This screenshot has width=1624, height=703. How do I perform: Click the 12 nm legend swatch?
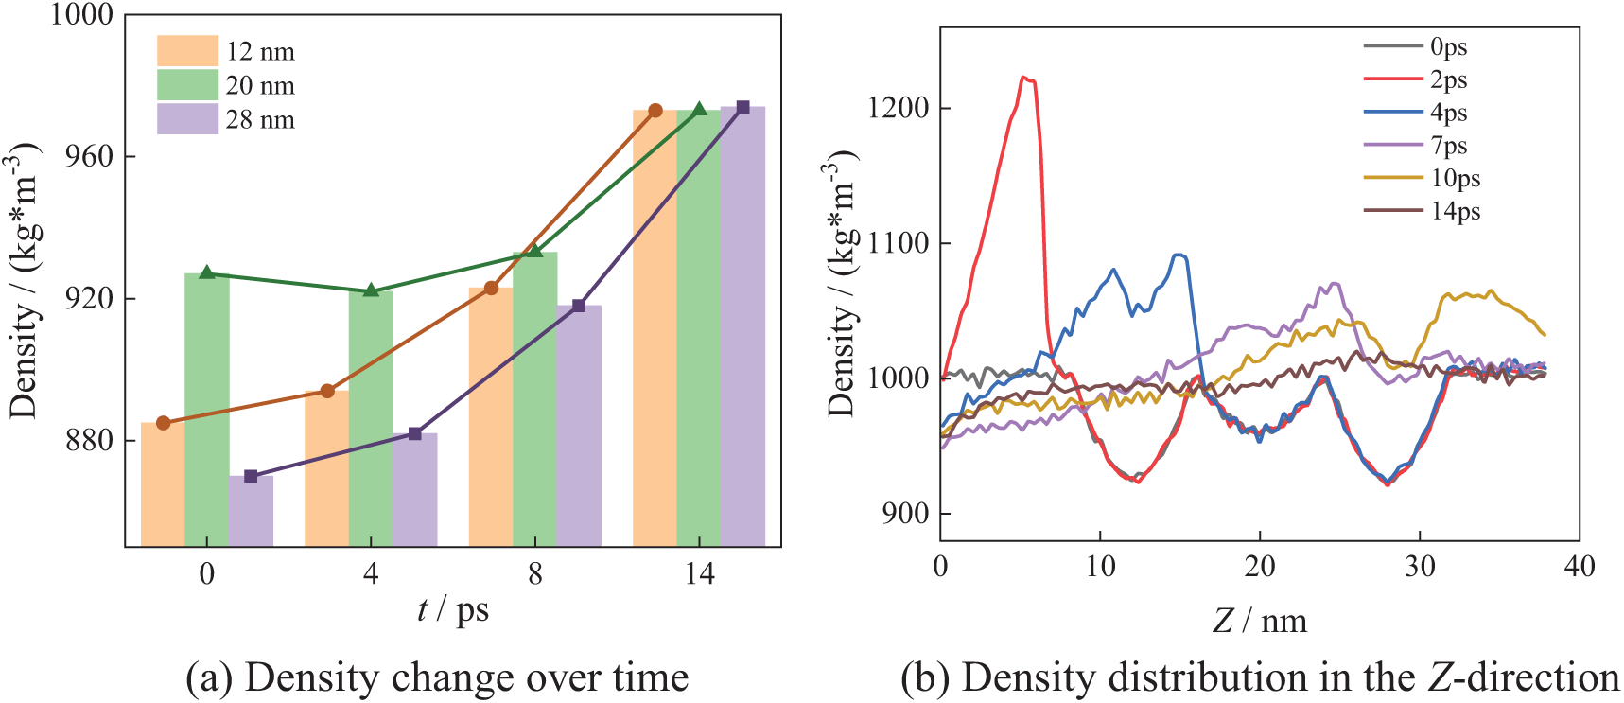(187, 51)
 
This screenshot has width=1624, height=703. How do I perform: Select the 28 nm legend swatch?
(187, 119)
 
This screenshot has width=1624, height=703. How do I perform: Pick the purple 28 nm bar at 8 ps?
(579, 426)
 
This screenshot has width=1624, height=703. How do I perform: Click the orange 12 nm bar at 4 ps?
(326, 468)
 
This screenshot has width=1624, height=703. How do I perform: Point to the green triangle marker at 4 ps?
(371, 290)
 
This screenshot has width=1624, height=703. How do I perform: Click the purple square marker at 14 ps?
(742, 108)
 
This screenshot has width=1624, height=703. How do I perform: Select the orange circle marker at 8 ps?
(491, 288)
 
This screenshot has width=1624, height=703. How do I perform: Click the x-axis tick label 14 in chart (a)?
(699, 574)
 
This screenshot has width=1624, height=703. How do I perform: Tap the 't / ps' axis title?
(453, 610)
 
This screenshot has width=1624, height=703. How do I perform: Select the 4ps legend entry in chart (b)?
(1448, 113)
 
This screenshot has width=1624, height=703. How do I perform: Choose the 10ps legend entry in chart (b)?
(1455, 178)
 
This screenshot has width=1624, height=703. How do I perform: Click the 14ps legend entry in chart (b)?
(1455, 211)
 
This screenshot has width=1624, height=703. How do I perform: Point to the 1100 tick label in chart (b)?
(898, 243)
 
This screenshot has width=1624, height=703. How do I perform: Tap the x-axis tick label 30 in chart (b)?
(1420, 567)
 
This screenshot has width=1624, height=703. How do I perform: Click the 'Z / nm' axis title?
(1260, 621)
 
